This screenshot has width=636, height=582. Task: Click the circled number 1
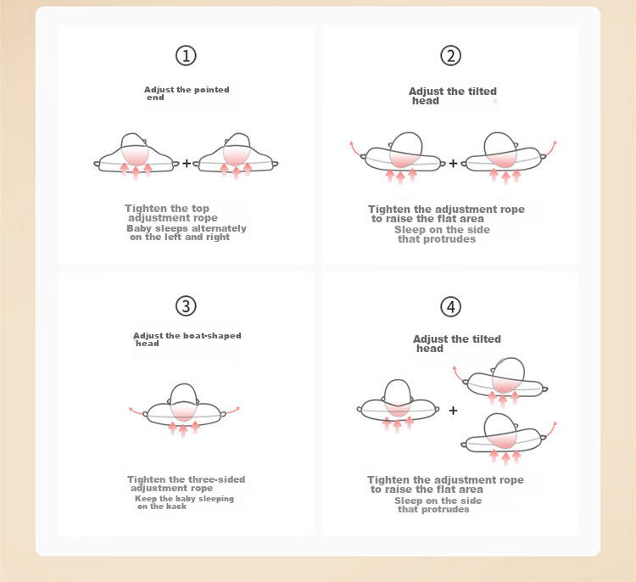click(x=186, y=56)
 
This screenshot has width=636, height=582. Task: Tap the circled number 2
click(x=450, y=56)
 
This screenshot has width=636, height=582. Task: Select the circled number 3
click(x=186, y=306)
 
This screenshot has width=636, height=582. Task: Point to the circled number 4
click(x=450, y=306)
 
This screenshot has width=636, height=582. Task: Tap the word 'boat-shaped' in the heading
click(x=212, y=336)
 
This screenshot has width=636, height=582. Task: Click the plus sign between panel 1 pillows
click(x=187, y=163)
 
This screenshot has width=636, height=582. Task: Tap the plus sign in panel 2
click(x=453, y=164)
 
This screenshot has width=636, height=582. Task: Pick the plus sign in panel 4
click(x=453, y=411)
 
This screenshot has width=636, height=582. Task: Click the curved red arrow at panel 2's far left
click(x=354, y=149)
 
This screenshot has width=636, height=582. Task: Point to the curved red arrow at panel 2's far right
click(x=552, y=148)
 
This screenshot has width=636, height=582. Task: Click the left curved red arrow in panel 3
click(x=137, y=411)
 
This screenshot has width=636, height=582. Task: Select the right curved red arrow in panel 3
click(x=233, y=411)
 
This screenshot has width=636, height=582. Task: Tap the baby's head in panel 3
click(x=184, y=402)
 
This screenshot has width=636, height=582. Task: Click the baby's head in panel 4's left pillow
click(x=398, y=398)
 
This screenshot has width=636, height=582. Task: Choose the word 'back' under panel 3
click(x=176, y=506)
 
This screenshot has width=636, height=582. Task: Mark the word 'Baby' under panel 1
click(x=137, y=228)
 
